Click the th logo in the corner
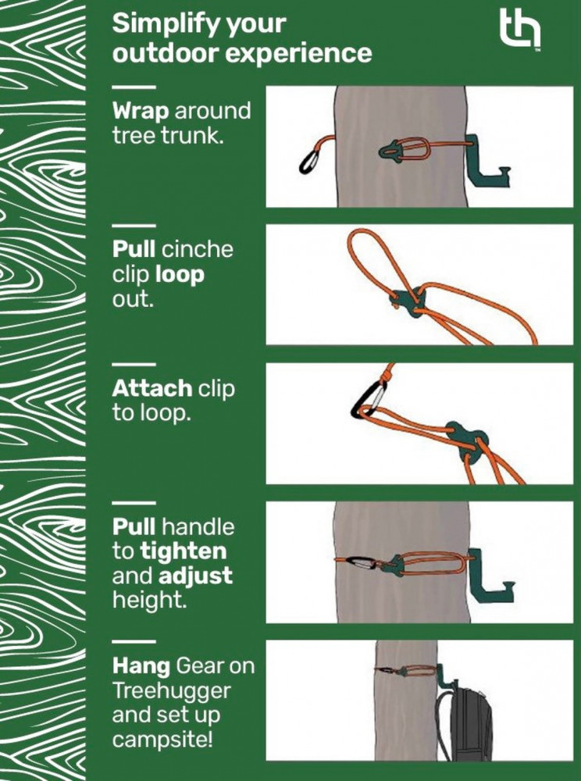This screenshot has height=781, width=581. point(520,28)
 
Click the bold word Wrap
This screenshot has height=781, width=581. point(141,112)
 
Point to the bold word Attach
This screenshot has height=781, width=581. point(152,388)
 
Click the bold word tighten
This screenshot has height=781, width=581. point(184,551)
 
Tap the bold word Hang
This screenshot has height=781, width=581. point(141,666)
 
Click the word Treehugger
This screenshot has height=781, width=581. point(171,691)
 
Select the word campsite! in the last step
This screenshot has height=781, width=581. point(162,740)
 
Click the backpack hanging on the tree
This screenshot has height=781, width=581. point(463,722)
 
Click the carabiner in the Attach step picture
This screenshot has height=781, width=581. point(369,399)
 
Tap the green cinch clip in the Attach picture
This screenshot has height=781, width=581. point(467,440)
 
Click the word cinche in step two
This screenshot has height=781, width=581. point(198,250)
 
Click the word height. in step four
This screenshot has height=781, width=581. point(149,600)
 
